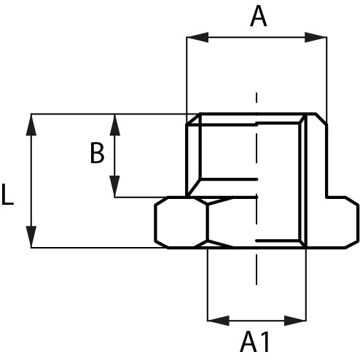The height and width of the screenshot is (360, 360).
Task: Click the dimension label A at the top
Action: coord(259,16)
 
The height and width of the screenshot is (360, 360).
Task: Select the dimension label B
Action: coord(97,153)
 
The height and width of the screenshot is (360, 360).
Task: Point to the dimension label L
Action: coord(7,195)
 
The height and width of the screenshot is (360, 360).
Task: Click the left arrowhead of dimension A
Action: coord(197,37)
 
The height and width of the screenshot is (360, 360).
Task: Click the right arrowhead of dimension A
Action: coord(316,37)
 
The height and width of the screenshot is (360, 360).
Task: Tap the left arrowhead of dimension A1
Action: coord(218,321)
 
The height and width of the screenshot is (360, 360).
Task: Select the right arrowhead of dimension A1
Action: coord(295,321)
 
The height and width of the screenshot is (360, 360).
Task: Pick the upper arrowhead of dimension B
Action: coord(115,125)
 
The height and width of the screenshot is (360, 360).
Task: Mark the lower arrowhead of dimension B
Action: coord(115,186)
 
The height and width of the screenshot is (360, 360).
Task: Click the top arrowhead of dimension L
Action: coord(31,125)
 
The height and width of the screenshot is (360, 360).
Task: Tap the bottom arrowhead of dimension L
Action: coord(31,237)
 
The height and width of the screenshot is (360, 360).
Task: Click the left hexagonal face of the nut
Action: coord(181,222)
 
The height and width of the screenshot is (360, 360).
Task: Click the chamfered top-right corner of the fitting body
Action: coord(321,119)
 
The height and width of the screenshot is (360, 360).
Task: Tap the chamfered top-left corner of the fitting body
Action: coord(193,119)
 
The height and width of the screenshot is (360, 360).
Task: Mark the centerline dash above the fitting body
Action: coord(257,98)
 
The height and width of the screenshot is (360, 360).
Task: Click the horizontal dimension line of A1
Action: coord(257,321)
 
